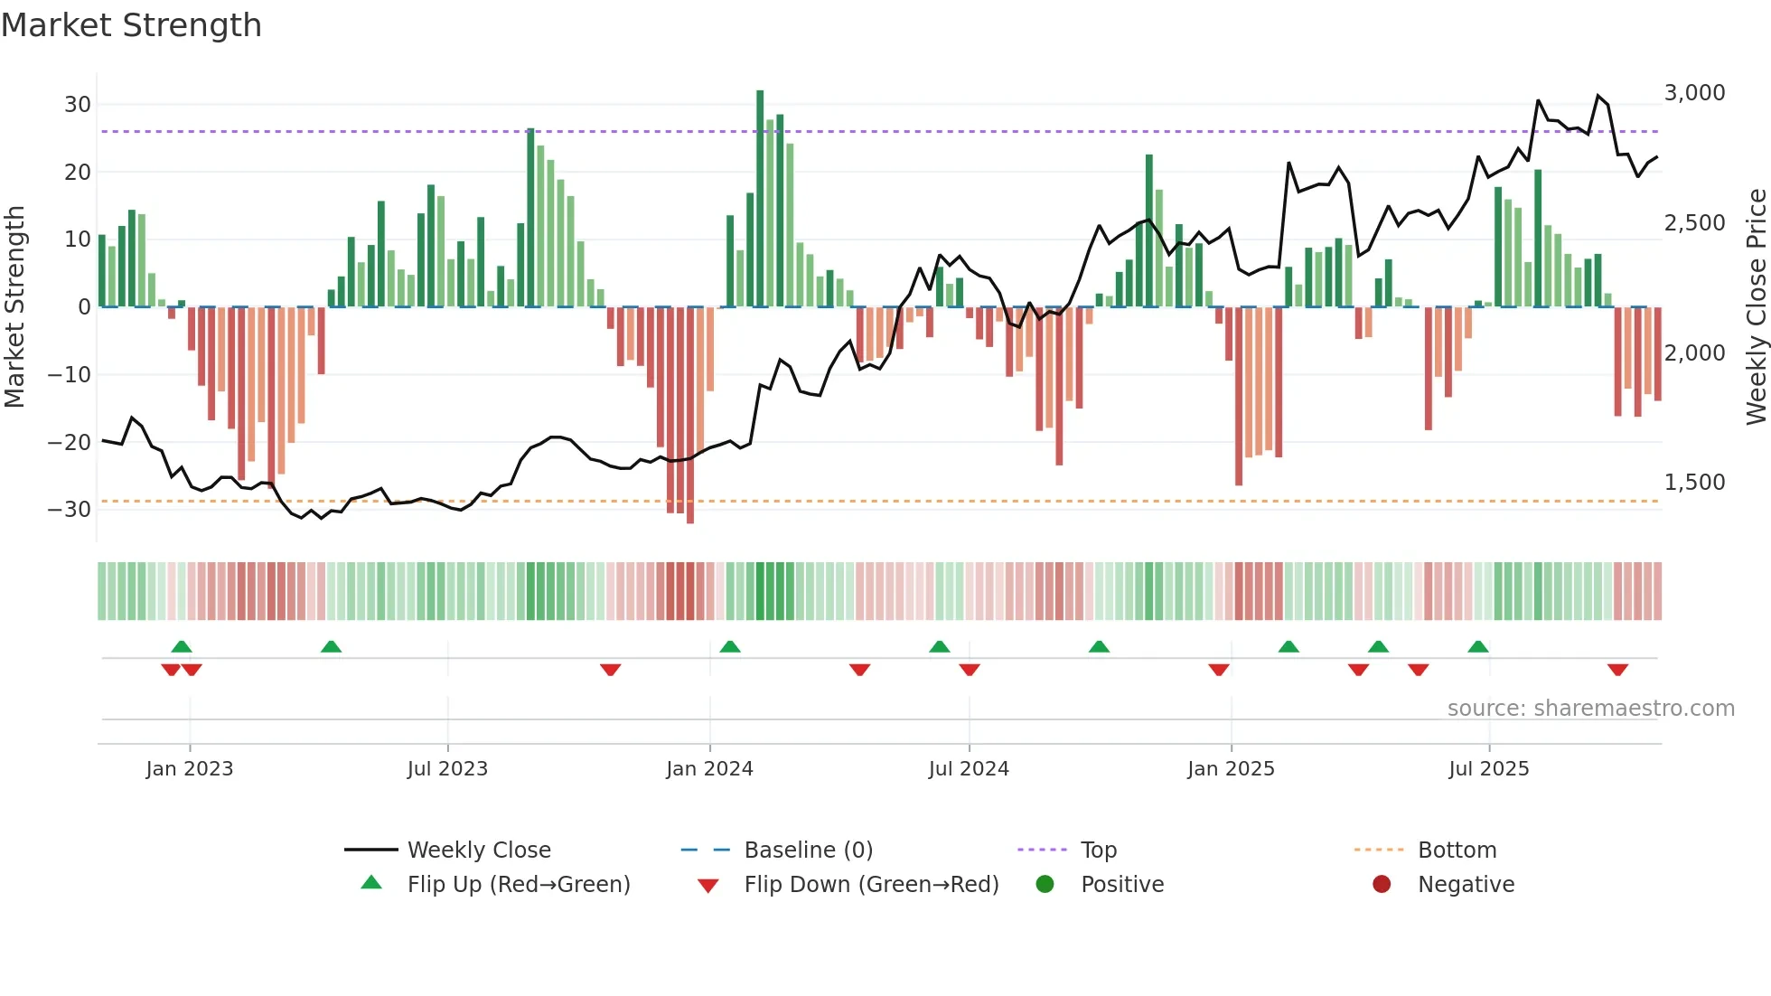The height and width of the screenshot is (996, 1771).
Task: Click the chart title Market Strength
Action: (x=131, y=25)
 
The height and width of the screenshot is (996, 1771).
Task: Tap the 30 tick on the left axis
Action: (x=78, y=104)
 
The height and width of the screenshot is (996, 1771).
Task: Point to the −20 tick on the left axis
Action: (x=70, y=442)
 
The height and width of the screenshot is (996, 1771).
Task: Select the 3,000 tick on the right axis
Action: (x=1694, y=93)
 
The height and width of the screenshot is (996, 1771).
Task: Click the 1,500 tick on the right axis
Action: (x=1694, y=483)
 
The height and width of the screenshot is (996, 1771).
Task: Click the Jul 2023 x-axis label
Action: (x=447, y=769)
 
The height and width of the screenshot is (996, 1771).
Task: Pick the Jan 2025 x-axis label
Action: (x=1231, y=769)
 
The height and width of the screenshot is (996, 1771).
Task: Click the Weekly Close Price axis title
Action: (x=1756, y=307)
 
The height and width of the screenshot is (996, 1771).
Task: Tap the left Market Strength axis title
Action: (x=14, y=307)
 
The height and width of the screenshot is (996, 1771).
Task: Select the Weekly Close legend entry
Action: (x=479, y=850)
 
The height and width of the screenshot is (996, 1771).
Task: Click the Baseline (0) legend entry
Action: (x=808, y=850)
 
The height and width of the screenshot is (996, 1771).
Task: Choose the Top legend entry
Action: (x=1099, y=850)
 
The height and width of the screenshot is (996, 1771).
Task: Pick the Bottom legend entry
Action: (x=1457, y=850)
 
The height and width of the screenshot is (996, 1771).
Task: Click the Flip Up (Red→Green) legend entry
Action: (x=518, y=885)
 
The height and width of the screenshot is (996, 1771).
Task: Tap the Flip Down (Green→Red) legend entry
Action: (x=871, y=885)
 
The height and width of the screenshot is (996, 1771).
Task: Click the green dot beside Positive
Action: (x=1045, y=885)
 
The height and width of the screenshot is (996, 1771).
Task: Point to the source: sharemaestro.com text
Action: (x=1590, y=709)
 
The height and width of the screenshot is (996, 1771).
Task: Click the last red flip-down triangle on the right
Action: (x=1617, y=670)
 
